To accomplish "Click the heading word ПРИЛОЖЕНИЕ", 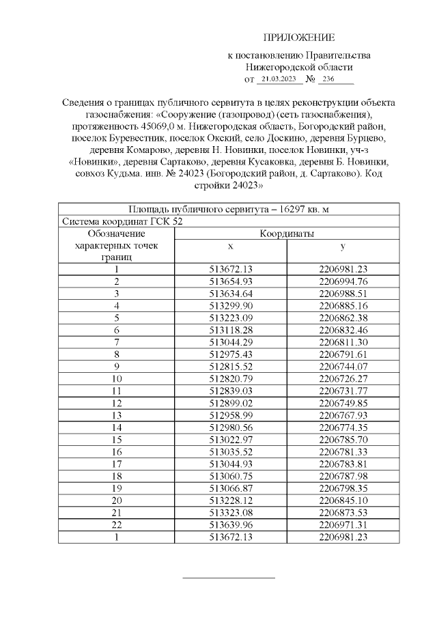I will [x=299, y=37].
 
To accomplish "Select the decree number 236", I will [x=328, y=79].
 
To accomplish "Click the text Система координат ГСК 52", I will [x=122, y=221].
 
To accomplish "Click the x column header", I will [x=231, y=245].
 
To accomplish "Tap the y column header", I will [x=343, y=245].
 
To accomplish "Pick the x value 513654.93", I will [x=231, y=281].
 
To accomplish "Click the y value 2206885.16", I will [x=343, y=305].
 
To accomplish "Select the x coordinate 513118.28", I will [x=231, y=329].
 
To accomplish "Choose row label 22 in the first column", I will [x=117, y=525].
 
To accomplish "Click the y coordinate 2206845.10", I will [x=343, y=501].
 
